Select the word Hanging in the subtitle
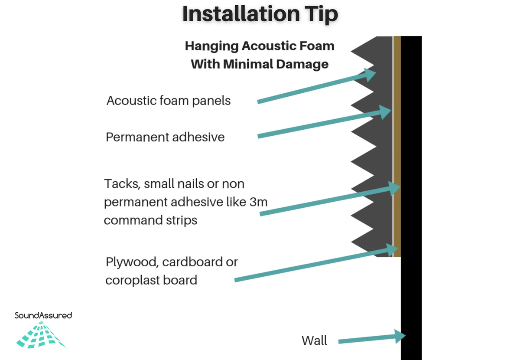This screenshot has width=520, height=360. pos(211,46)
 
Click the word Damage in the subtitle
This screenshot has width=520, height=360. pos(302,64)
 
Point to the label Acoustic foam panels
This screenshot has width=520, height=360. pos(169,101)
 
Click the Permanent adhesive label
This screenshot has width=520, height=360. pos(165,137)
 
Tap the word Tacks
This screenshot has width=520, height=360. pos(122,184)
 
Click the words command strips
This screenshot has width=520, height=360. pos(150,220)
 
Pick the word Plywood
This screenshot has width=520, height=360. pos(132,262)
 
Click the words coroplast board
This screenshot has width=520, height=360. pos(151,280)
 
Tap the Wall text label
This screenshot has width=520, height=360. pos(314,341)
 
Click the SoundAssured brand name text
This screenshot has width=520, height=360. pos(43,315)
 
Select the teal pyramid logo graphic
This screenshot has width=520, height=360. pos(41,335)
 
